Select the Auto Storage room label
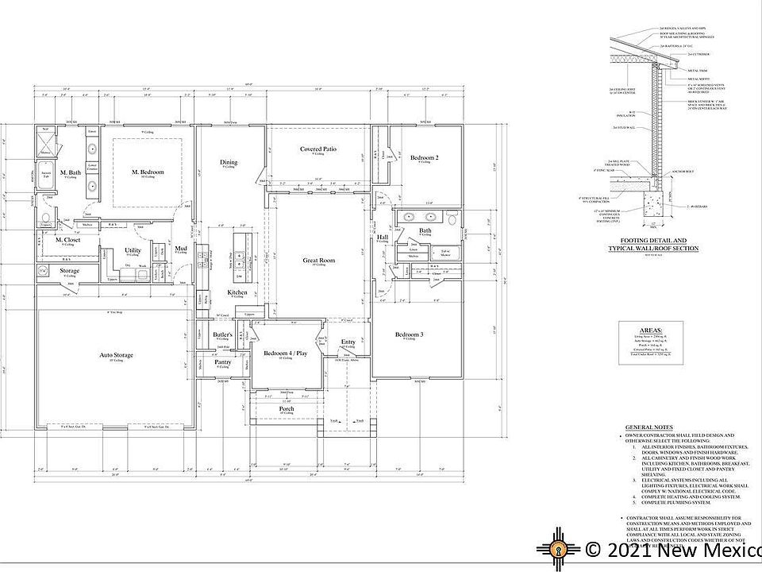tap(116, 354)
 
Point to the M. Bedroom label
tap(148, 172)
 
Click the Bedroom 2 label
tap(425, 158)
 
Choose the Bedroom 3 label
tap(409, 335)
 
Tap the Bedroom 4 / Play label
tap(284, 353)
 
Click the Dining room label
tap(229, 163)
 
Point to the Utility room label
tap(133, 250)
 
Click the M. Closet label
tap(67, 240)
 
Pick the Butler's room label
tap(223, 335)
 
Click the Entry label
tap(348, 342)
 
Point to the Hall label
tap(383, 237)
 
